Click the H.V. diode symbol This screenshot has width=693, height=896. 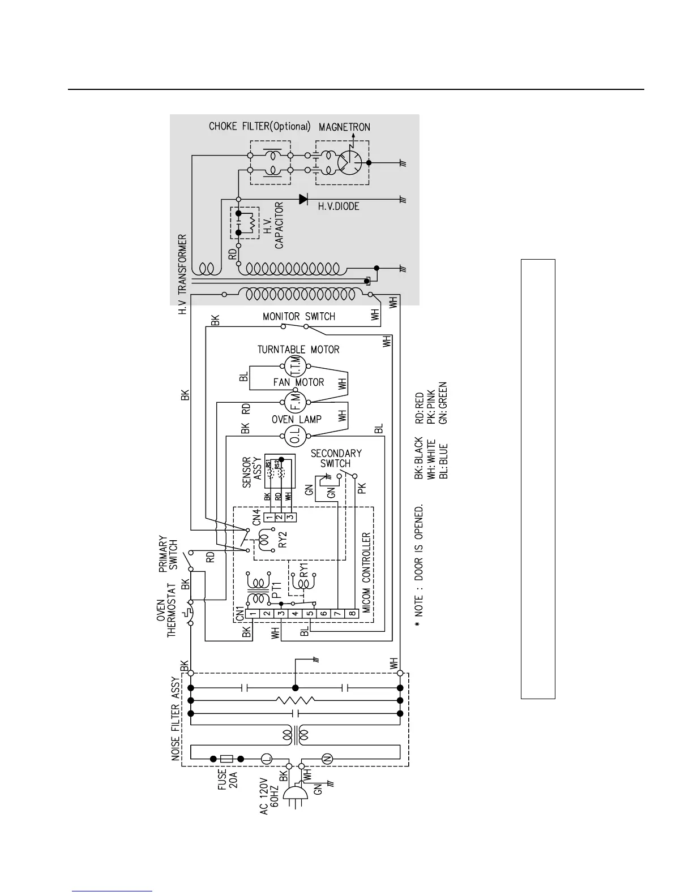tap(303, 199)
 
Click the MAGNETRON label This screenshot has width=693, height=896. tap(344, 127)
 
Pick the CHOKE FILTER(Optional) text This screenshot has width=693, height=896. tap(260, 126)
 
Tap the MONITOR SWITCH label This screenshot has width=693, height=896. tap(299, 316)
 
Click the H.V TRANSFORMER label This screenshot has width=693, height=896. tap(182, 275)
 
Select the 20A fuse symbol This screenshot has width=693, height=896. tap(226, 759)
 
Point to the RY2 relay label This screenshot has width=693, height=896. tap(284, 538)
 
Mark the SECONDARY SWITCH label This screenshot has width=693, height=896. tap(336, 458)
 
